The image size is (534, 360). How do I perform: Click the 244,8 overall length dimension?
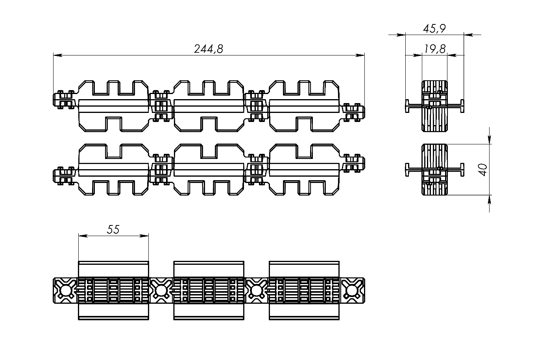tap(209, 49)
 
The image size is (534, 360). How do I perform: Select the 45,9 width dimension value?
tap(434, 29)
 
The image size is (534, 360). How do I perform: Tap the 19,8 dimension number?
tap(435, 49)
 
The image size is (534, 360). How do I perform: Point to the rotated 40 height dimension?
tap(483, 170)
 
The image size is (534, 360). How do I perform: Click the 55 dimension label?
tap(113, 229)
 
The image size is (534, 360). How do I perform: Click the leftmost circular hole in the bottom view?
tap(66, 291)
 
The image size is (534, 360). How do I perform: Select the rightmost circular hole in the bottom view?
tap(351, 291)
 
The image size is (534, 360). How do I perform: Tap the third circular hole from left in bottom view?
tap(256, 291)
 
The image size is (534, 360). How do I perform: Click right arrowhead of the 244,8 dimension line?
tap(360, 55)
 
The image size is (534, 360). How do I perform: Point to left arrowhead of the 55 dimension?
tap(83, 236)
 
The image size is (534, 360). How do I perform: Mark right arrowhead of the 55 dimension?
tap(144, 236)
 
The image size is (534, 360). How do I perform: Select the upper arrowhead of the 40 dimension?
tap(490, 139)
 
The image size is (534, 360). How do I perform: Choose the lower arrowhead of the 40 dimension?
tap(490, 199)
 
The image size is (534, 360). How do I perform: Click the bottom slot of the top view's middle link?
tap(209, 124)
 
